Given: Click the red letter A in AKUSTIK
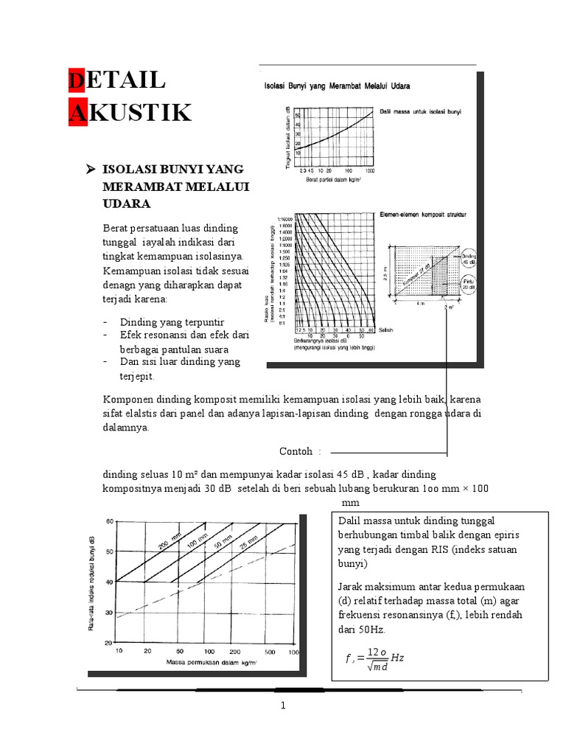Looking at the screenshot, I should tap(77, 114).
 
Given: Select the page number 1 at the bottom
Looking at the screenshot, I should tap(282, 706).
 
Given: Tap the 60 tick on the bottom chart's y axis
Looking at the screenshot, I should tap(111, 521).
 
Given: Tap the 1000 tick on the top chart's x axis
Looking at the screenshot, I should tap(370, 170).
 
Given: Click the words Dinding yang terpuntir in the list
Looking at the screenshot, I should tap(172, 322).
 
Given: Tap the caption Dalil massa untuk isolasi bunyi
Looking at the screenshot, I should tap(421, 111).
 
